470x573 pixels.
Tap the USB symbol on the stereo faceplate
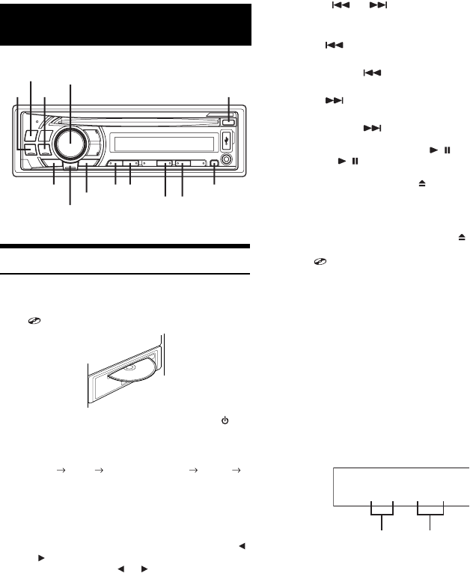click(x=229, y=139)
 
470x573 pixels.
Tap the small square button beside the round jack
click(x=215, y=165)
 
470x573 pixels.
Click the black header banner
click(x=126, y=25)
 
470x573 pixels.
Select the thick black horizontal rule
click(x=126, y=245)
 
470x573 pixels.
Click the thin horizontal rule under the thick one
click(x=126, y=274)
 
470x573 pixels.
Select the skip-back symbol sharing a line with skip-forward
click(x=329, y=5)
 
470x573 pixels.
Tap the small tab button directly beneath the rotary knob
click(x=70, y=170)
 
